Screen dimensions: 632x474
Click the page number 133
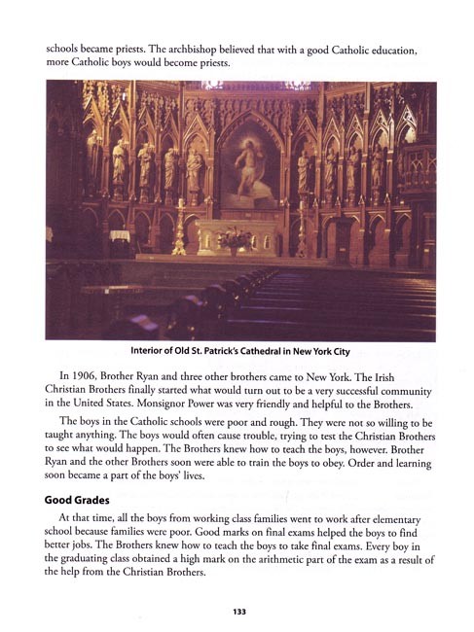coord(237,612)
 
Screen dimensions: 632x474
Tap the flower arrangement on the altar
coord(237,237)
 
